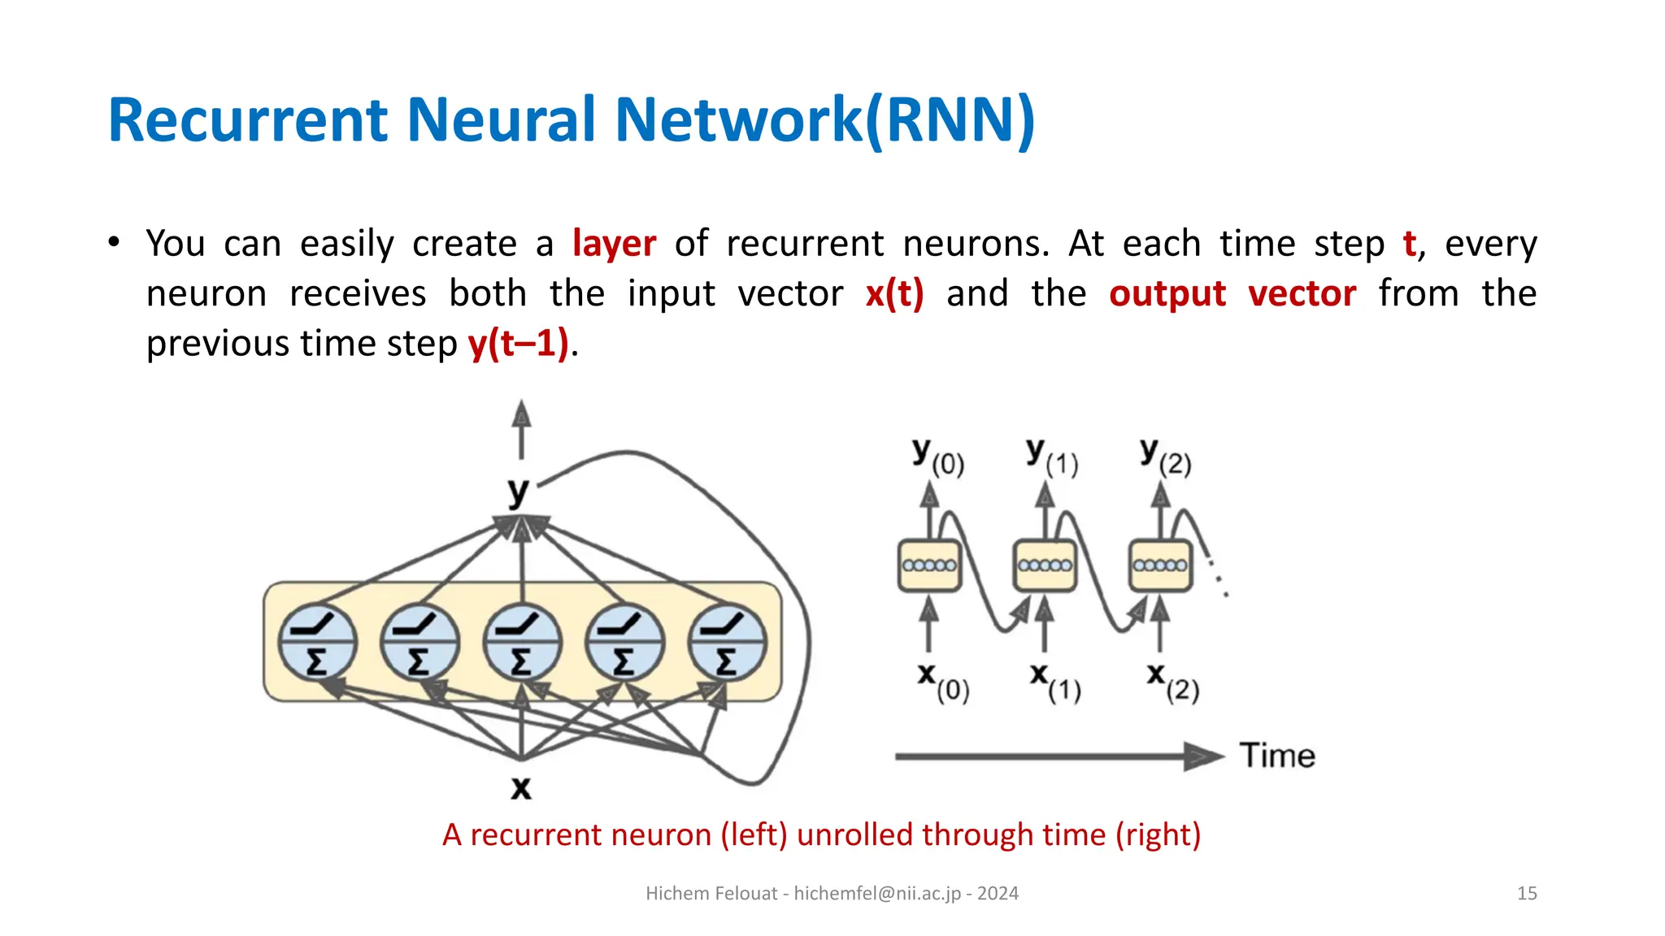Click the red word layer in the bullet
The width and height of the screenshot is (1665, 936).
[614, 244]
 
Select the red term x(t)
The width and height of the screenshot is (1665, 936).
[894, 293]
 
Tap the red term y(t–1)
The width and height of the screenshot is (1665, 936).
[518, 343]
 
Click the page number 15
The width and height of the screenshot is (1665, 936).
[1527, 894]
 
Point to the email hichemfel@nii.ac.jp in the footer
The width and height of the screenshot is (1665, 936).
[877, 894]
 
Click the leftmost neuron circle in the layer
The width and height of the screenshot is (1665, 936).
[317, 642]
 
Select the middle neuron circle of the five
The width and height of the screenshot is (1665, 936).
[521, 642]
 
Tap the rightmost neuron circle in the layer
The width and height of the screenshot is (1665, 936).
[727, 642]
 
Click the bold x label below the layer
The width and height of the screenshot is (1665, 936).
[521, 786]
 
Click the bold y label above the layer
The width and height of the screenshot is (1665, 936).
[519, 491]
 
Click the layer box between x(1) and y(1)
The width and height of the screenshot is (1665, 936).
[1045, 565]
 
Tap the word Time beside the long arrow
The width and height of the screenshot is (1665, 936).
[1277, 756]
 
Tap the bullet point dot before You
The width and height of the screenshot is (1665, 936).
[114, 242]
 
